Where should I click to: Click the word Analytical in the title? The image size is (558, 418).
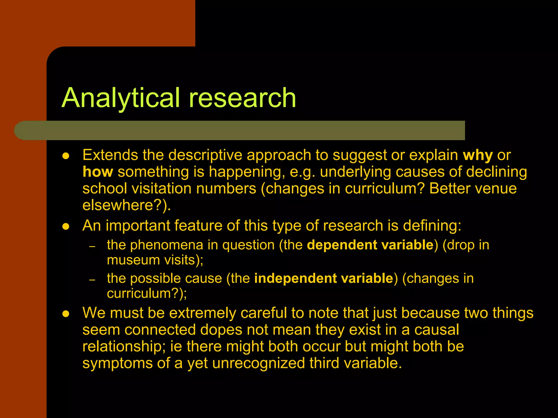click(x=121, y=98)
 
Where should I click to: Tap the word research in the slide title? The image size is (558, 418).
click(x=242, y=98)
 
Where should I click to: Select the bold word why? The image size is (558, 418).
click(x=478, y=155)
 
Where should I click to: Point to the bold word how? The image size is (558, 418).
click(x=98, y=172)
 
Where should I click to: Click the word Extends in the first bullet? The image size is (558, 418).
click(x=110, y=155)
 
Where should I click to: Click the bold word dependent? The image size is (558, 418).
click(x=342, y=245)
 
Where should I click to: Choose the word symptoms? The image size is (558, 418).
click(x=117, y=364)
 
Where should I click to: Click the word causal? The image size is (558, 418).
click(x=436, y=330)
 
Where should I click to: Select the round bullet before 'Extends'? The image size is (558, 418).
click(x=66, y=156)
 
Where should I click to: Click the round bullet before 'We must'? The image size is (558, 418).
click(x=66, y=314)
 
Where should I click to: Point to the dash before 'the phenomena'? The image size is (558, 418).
click(x=92, y=247)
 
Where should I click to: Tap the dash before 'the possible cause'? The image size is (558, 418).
click(x=92, y=280)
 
